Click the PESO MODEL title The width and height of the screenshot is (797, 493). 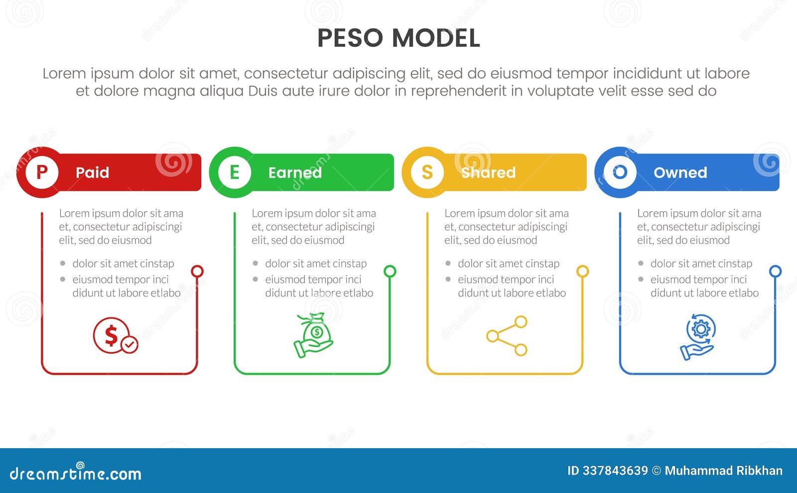[398, 38]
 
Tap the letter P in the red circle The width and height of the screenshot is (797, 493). [42, 172]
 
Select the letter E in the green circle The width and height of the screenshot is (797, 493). [235, 172]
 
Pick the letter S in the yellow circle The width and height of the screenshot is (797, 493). [427, 172]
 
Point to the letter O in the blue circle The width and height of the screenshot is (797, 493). [620, 172]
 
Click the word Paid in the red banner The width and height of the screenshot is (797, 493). [92, 173]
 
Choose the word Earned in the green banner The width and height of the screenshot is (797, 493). [295, 173]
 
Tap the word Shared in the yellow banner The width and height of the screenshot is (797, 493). [488, 173]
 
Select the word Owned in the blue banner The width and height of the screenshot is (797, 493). [680, 173]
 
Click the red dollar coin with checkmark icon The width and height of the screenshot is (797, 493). [115, 336]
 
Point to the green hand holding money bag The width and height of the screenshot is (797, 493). [313, 335]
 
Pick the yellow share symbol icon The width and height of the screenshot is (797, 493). [507, 336]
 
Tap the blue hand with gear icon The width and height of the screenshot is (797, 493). [698, 336]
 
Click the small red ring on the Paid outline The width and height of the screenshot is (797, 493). [197, 271]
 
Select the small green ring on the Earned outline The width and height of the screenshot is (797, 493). [390, 271]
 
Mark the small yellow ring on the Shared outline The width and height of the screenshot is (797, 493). [582, 271]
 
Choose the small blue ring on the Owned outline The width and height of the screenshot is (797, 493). [775, 271]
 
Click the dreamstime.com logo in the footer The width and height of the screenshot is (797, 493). [75, 473]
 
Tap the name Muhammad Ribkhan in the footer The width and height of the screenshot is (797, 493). [723, 471]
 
